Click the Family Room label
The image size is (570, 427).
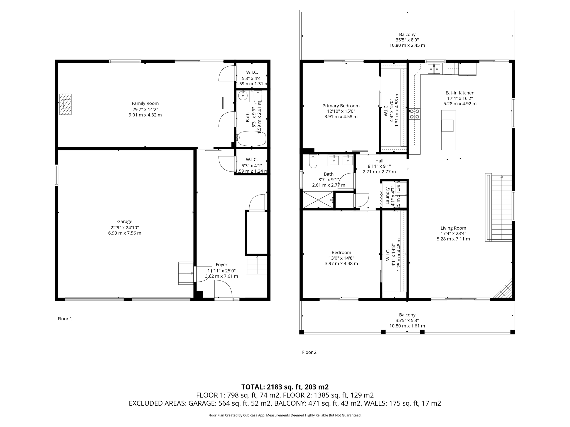click(145, 103)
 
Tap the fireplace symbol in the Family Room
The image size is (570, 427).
click(65, 104)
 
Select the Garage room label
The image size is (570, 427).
click(124, 222)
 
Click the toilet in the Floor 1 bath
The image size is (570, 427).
click(258, 97)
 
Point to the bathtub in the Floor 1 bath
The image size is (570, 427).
click(251, 138)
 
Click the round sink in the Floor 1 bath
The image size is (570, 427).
click(243, 96)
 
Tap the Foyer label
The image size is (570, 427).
click(222, 265)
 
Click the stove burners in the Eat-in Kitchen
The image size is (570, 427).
click(414, 114)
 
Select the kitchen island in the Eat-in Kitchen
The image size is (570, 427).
click(448, 130)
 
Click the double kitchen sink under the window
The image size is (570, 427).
click(434, 69)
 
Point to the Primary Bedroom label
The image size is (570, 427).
click(341, 106)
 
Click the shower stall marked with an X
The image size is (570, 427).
click(318, 199)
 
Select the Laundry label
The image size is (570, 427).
click(387, 196)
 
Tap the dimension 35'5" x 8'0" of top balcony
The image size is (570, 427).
click(407, 40)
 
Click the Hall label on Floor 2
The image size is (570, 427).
click(379, 161)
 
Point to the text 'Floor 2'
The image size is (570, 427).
click(309, 352)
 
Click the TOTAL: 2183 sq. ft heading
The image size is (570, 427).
click(285, 387)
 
